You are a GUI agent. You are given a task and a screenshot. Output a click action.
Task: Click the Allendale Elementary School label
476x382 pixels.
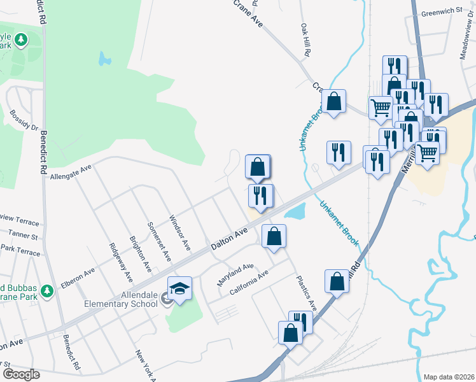pyautogui.click(x=122, y=299)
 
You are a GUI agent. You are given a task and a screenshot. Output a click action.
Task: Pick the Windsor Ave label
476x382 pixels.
pyautogui.click(x=179, y=232)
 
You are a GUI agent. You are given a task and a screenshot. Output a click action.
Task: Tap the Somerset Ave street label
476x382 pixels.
pyautogui.click(x=159, y=242)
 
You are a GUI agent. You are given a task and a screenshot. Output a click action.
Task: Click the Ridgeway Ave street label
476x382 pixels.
pyautogui.click(x=121, y=262)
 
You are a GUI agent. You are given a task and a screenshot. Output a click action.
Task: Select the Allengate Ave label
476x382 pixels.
pyautogui.click(x=71, y=170)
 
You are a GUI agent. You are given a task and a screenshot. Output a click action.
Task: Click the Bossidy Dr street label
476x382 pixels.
pyautogui.click(x=24, y=120)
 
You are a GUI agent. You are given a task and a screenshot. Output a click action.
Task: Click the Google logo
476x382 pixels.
pyautogui.click(x=21, y=374)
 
